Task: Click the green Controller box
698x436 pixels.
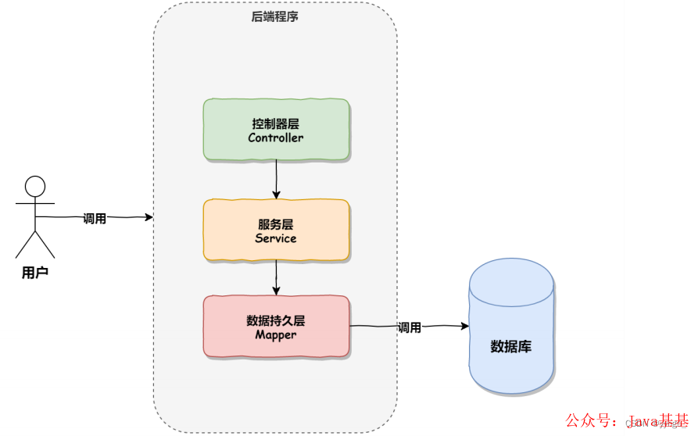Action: [x=275, y=130]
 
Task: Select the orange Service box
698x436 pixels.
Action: [x=275, y=230]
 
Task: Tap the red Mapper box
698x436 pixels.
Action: [x=275, y=327]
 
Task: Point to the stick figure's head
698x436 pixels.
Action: [x=35, y=187]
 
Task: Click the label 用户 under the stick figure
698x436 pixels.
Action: [x=35, y=273]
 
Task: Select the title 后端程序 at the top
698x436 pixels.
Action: [x=274, y=16]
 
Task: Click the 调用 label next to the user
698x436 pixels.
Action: [x=95, y=219]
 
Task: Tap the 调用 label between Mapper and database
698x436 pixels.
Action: [x=409, y=327]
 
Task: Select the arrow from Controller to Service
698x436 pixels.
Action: [x=276, y=180]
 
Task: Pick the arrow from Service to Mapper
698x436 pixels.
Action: [x=276, y=278]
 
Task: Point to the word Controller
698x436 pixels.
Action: [x=275, y=138]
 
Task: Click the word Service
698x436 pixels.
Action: [x=275, y=238]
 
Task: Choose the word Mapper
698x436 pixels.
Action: [x=275, y=335]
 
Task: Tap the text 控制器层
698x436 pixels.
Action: [x=275, y=123]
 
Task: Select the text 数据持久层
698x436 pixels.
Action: [x=275, y=320]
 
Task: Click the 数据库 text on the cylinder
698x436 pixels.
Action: [x=510, y=346]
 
